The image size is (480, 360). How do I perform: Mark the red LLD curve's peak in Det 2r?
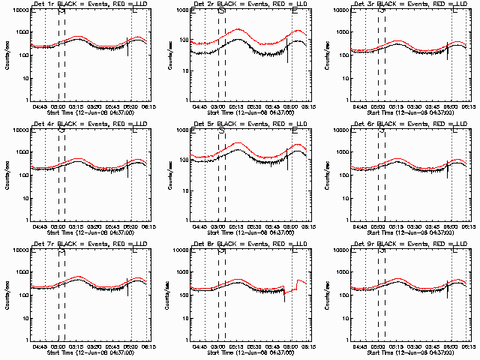pos(240,29)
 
